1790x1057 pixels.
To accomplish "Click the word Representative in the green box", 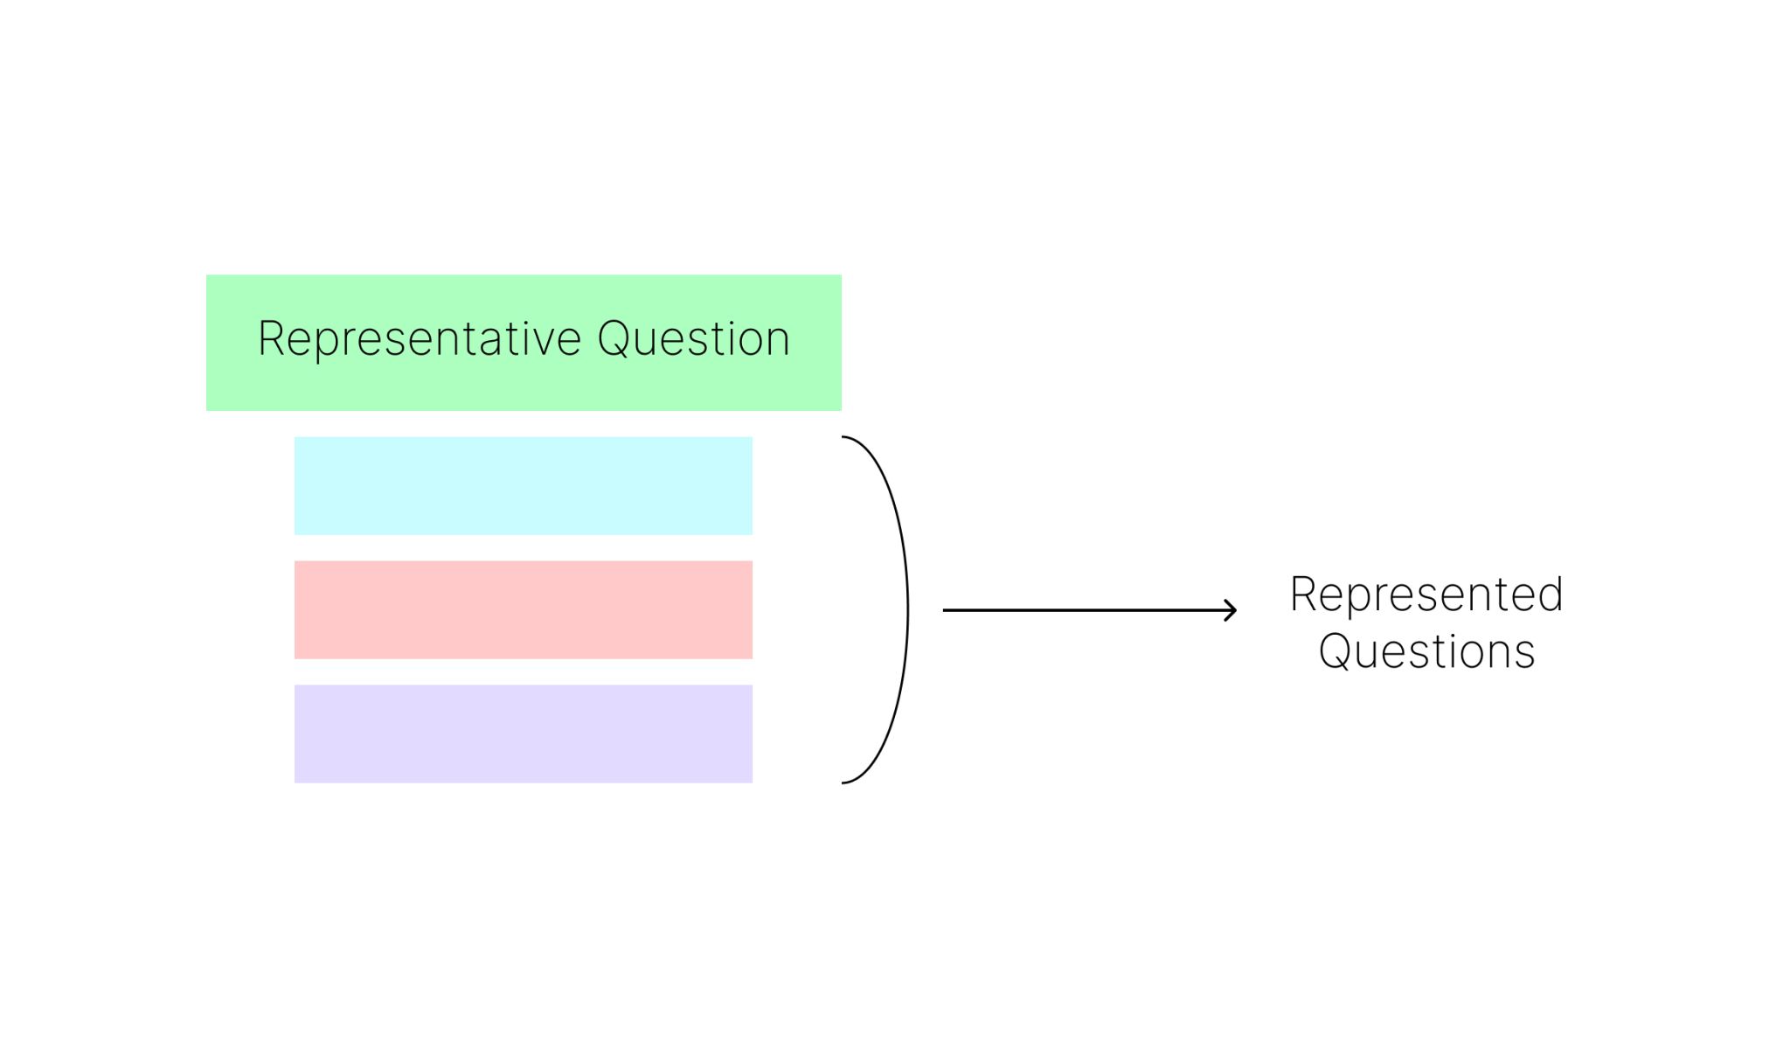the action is tap(420, 339).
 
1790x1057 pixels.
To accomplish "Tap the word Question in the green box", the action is tap(694, 339).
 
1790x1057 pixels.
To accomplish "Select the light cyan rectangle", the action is tap(524, 485).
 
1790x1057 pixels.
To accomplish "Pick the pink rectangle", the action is tap(524, 609).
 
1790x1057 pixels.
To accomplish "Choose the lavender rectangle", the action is tap(524, 734).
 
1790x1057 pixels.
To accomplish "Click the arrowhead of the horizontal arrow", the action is tap(1231, 610).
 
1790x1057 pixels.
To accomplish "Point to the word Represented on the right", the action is tap(1426, 595).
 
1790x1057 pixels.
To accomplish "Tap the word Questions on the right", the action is tap(1426, 652).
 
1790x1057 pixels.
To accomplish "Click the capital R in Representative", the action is tap(272, 339).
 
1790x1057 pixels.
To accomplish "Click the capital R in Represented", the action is tap(1304, 595).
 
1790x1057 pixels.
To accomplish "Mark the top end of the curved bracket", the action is tap(843, 437).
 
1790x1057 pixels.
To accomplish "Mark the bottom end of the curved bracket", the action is tap(843, 782).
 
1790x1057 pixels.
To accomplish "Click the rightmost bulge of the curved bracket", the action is tap(907, 609).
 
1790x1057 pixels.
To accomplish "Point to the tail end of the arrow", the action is tap(944, 610).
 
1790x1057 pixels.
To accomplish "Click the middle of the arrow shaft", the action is tap(1090, 610).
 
